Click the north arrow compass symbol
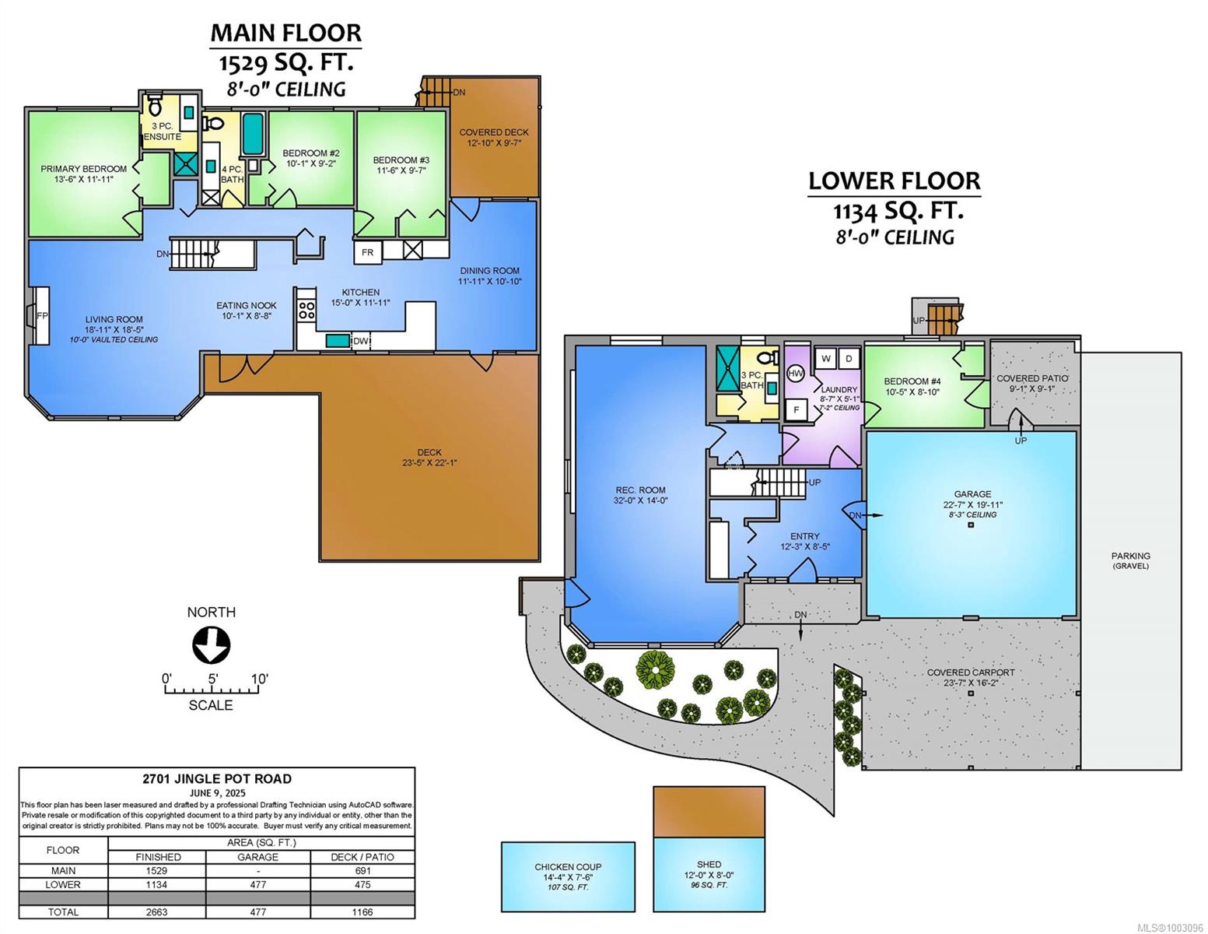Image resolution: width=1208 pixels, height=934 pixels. point(212,644)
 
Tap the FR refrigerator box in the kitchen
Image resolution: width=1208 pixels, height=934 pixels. point(367,252)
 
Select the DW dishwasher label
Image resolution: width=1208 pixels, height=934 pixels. point(360,341)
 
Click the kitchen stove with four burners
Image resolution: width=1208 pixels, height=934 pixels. point(306,309)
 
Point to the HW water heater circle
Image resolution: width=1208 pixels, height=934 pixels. point(796,374)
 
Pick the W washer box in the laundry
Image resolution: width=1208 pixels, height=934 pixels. point(826,359)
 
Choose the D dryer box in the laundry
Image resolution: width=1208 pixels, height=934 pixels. point(849,359)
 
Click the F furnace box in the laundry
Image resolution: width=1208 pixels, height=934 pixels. point(796,410)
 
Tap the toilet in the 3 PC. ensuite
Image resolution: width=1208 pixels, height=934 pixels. point(155,106)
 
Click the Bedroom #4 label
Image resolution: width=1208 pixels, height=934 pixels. point(912,381)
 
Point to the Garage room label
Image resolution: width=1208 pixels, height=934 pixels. point(972,494)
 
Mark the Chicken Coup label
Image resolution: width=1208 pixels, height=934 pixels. point(568,867)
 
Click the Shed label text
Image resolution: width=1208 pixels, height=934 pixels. point(709,865)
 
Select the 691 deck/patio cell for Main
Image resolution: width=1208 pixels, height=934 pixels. point(362,871)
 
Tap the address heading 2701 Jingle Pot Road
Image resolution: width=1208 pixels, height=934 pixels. point(217,779)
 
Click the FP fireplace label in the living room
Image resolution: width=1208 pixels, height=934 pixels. point(42,316)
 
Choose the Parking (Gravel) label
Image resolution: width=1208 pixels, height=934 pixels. point(1131,560)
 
